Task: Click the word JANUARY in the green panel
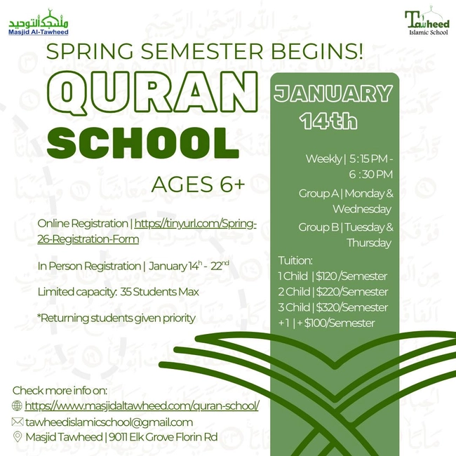333,93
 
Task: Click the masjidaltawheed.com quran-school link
142,405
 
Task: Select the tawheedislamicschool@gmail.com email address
109,422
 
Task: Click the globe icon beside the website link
18,405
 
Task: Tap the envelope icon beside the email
18,422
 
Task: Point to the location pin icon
18,437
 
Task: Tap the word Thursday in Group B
369,243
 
